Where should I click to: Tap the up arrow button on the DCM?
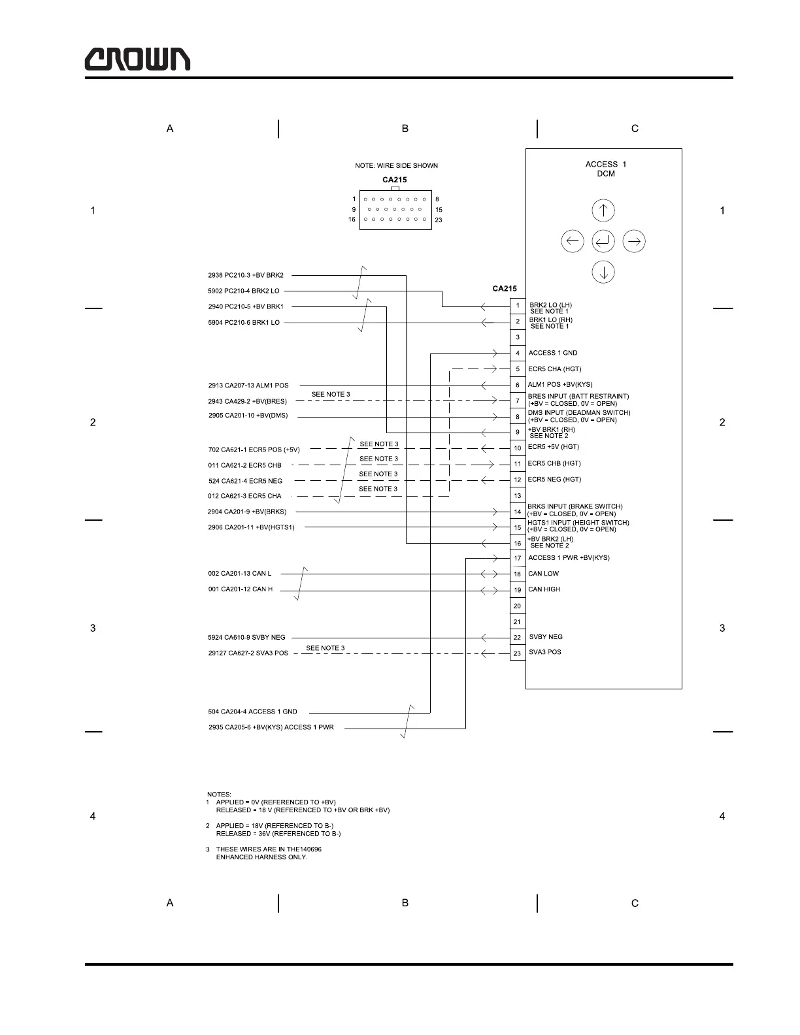[x=603, y=210]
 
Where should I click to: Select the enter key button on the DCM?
[x=603, y=242]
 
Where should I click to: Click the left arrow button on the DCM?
[x=573, y=242]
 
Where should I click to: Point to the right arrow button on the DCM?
[x=634, y=242]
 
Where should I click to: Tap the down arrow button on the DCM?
[x=603, y=272]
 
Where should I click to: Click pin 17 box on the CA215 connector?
[x=517, y=558]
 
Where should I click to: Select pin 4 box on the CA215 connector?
[x=517, y=353]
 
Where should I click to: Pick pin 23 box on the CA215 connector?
[x=517, y=653]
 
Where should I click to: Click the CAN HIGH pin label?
[x=544, y=589]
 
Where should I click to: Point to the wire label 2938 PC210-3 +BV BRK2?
[x=246, y=276]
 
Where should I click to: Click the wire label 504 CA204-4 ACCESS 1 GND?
[x=252, y=712]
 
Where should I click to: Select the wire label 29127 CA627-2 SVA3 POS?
[x=248, y=653]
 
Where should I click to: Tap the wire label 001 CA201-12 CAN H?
[x=241, y=589]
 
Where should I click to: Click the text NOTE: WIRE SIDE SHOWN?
[x=396, y=166]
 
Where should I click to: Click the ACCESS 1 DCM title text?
[x=605, y=169]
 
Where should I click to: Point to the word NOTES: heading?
[x=219, y=795]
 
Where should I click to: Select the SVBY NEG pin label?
[x=546, y=637]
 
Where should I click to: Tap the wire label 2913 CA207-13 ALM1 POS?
[x=248, y=386]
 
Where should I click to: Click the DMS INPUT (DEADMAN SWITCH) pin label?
[x=579, y=413]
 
